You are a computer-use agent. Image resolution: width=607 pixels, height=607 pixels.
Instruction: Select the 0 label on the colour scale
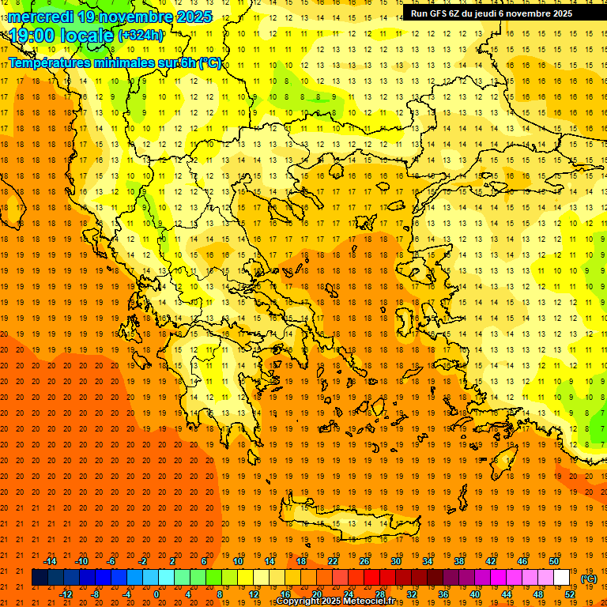pyautogui.click(x=156, y=594)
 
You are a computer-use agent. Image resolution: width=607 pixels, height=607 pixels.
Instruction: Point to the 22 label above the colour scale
pyautogui.click(x=332, y=561)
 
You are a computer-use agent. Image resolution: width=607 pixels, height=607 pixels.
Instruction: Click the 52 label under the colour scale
pyautogui.click(x=569, y=594)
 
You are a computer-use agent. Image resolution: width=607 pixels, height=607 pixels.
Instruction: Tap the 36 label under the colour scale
pyautogui.click(x=443, y=594)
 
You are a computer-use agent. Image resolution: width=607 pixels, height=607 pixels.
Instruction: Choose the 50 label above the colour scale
pyautogui.click(x=554, y=561)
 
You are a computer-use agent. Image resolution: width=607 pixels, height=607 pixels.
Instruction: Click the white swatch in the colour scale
pyautogui.click(x=562, y=578)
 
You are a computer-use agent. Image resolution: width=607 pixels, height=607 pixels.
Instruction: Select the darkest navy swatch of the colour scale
pyautogui.click(x=40, y=578)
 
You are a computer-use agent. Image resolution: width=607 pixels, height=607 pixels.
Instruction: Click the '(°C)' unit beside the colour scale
pyautogui.click(x=589, y=578)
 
